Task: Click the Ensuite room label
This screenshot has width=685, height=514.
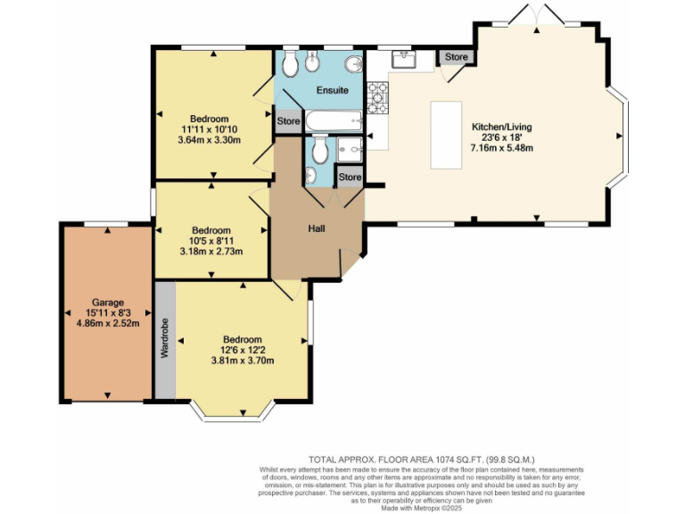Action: [332, 90]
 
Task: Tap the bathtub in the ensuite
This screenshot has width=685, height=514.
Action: [333, 120]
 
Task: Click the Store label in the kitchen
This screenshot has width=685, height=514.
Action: [456, 57]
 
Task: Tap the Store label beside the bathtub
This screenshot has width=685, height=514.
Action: [288, 121]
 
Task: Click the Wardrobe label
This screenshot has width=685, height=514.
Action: [165, 339]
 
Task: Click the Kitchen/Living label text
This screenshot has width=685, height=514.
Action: [501, 127]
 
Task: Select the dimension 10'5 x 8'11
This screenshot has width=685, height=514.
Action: [210, 241]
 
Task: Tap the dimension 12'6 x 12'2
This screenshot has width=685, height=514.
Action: [242, 350]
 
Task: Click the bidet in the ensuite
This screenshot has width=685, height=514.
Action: [310, 63]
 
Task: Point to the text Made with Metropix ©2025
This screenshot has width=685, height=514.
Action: [421, 508]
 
